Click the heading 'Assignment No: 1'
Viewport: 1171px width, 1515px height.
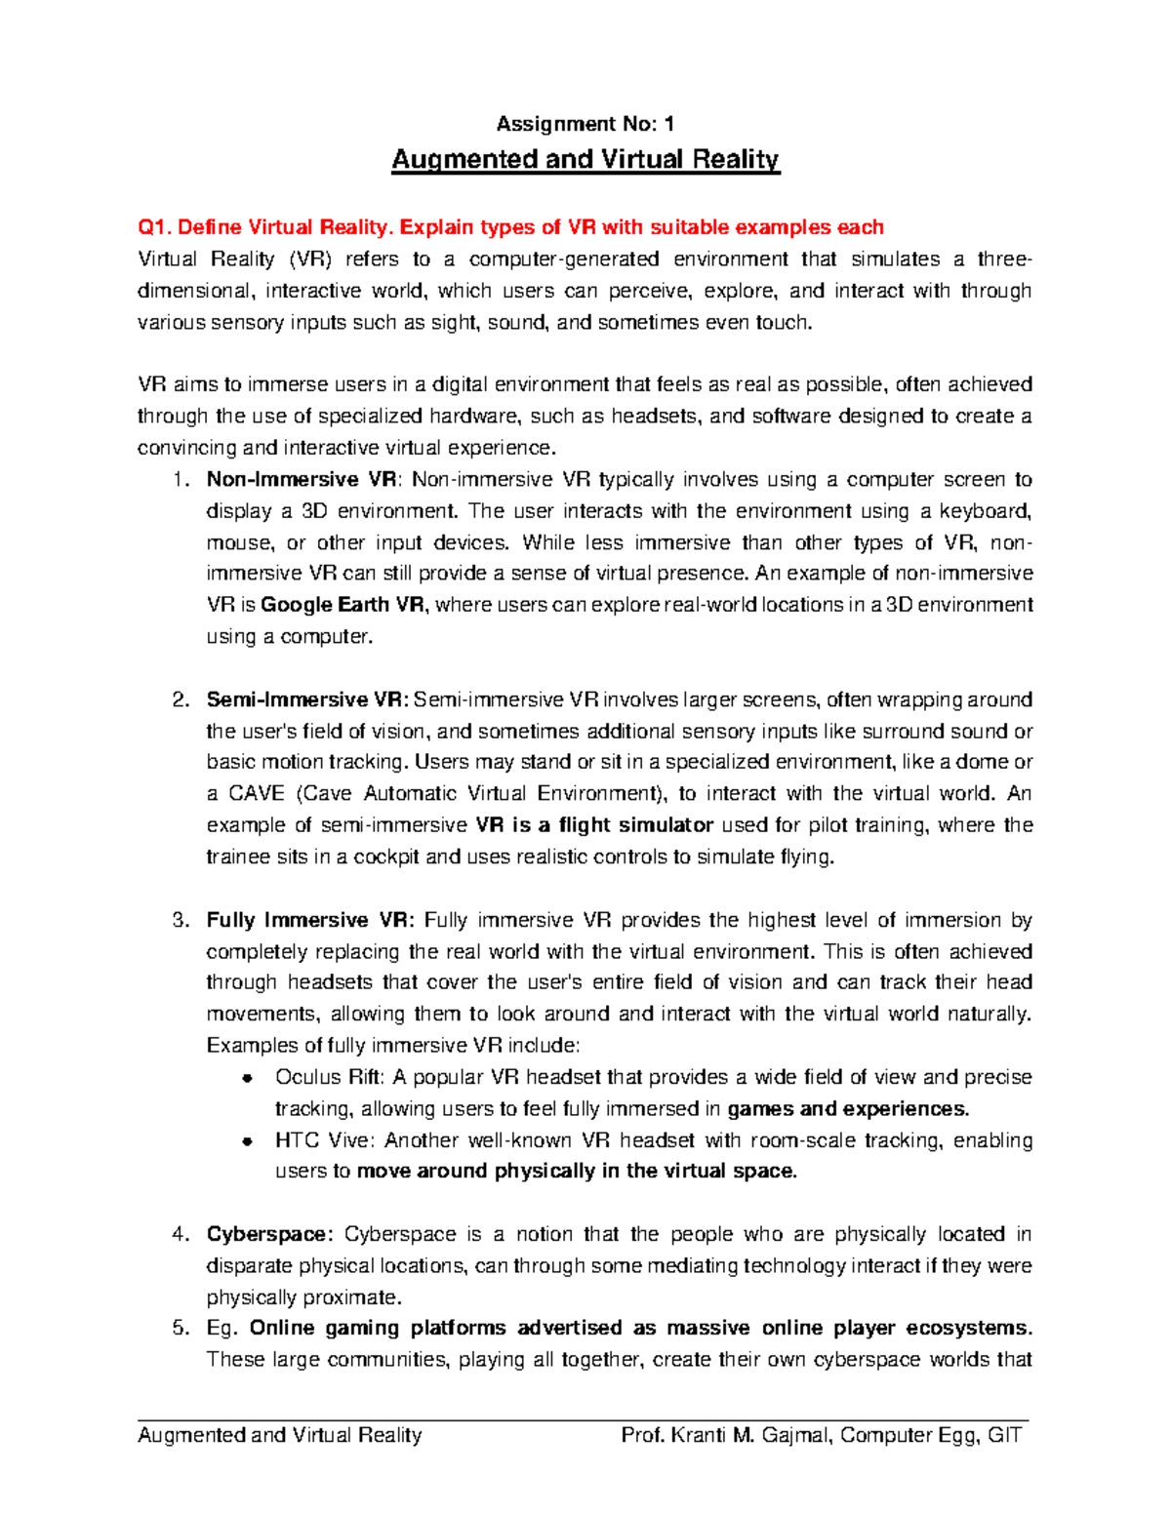pos(585,124)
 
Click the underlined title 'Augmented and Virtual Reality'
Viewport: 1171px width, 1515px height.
pos(585,160)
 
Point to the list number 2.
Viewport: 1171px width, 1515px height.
pos(180,699)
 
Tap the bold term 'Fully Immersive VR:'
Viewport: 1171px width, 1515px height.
pos(310,920)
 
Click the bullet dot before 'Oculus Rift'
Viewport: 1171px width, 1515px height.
pos(248,1078)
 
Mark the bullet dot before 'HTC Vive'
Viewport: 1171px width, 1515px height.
pos(248,1140)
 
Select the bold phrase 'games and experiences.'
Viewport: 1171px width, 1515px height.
pos(848,1108)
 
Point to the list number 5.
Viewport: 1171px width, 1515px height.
pos(180,1328)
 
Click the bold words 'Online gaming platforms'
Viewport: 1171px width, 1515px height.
pos(378,1328)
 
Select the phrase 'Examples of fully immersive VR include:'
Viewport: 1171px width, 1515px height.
pos(393,1046)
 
